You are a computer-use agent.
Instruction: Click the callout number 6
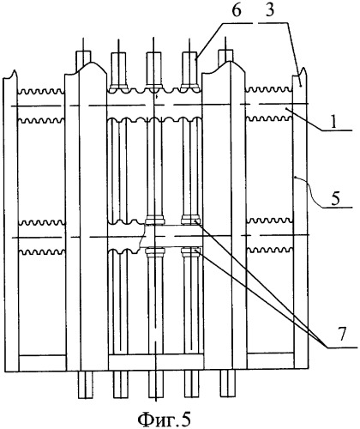pos(237,10)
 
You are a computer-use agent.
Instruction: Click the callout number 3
pos(269,10)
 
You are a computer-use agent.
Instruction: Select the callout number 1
pos(334,123)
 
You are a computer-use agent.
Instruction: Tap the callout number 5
pos(335,198)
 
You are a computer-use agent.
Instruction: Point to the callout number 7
pos(343,334)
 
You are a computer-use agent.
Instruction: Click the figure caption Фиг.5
pos(164,419)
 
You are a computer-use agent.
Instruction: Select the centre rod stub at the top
pos(153,69)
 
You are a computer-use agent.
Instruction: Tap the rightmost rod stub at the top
pos(225,58)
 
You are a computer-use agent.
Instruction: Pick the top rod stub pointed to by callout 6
pos(189,69)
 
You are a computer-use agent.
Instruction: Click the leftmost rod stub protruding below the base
pos(86,384)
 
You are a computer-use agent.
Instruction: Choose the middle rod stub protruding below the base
pos(156,384)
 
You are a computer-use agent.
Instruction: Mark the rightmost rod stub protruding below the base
pos(228,384)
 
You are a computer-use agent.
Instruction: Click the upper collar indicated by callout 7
pos(190,221)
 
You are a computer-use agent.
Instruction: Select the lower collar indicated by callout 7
pos(190,251)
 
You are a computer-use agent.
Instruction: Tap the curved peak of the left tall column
pos(91,63)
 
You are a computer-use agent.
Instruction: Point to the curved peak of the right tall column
pos(231,63)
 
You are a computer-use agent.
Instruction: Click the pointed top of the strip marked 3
pos(304,68)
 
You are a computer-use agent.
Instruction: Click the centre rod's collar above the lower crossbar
pos(155,221)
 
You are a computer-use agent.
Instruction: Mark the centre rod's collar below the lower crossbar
pos(155,251)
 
